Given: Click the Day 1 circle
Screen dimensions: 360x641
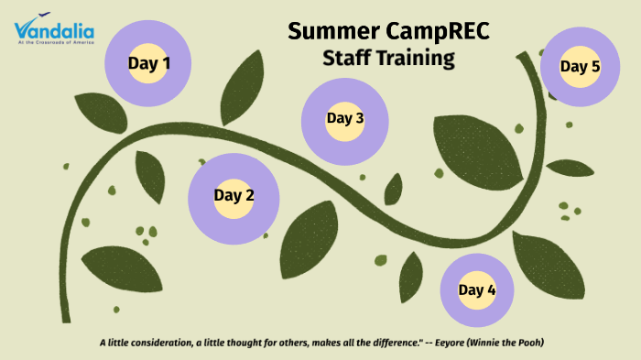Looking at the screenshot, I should tap(148, 64).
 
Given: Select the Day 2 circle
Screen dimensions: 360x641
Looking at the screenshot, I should tap(234, 195).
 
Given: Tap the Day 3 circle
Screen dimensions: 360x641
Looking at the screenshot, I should tap(345, 118).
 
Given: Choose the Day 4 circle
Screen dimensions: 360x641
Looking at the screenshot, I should tap(477, 290).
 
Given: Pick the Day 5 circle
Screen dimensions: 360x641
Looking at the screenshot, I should tap(580, 67).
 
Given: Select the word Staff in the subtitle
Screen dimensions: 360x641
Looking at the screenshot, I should tap(350, 59).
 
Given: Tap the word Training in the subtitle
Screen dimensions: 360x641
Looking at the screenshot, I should tap(418, 59).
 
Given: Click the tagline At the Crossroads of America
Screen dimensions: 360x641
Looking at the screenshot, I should tap(54, 42).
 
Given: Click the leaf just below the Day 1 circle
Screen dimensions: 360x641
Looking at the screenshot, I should tap(100, 112).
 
